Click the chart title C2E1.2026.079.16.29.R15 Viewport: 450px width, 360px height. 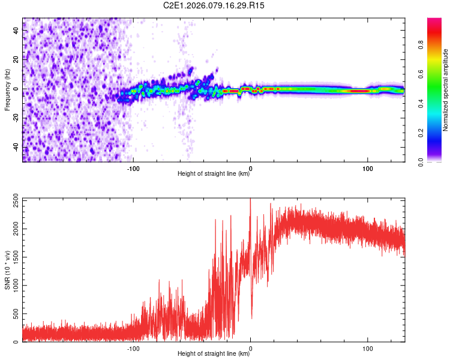214,5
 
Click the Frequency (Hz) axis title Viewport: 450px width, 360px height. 7,90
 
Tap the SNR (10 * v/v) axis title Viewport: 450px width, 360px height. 7,270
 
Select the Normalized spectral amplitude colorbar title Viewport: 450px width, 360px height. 446,90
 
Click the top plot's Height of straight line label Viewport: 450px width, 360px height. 214,174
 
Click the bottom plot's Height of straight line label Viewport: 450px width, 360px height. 214,353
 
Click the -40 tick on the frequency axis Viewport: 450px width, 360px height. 16,148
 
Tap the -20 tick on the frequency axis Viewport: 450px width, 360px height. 16,118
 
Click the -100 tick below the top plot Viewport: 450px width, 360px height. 133,167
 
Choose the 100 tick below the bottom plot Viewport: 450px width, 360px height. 367,347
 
